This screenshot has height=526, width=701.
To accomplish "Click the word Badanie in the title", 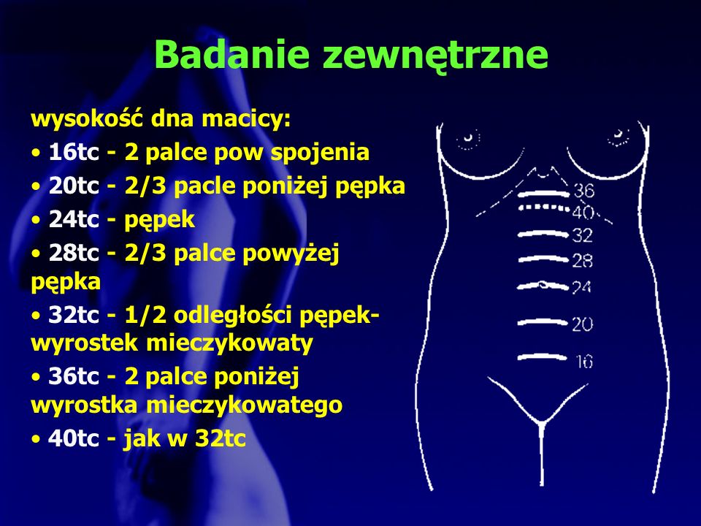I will pos(232,54).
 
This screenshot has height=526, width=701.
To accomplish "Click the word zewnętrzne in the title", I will pos(436,56).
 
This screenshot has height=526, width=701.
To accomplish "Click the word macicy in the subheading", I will pos(248,118).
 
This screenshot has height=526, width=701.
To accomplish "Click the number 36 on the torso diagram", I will pos(583,192).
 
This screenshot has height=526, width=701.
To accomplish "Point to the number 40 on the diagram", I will pos(584,213).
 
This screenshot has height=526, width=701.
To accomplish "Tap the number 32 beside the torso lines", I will pos(582,235).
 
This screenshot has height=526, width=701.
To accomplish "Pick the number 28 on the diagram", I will pos(582,260).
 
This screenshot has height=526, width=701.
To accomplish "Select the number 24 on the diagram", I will pos(582,287).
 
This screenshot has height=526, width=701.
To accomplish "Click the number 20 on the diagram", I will pos(582,324).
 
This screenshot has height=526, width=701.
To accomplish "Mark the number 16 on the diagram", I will pos(583,361).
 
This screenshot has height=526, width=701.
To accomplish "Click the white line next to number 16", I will pos(542,357).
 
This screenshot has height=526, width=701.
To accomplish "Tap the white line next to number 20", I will pos(542,321).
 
